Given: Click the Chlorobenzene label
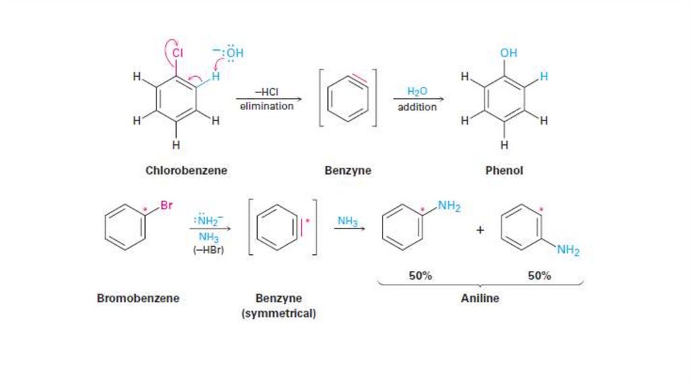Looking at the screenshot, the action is point(186,171).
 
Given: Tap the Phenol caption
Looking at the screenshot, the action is point(504,171).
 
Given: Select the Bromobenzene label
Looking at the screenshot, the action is point(138,297).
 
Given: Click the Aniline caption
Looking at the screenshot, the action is point(480,297).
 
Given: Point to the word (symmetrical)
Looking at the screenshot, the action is point(279,314).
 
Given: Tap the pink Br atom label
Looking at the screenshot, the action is point(166,206).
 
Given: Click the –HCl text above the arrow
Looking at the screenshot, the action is point(266,93).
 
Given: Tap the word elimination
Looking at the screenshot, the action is point(267,106).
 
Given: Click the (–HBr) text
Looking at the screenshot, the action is point(209,251).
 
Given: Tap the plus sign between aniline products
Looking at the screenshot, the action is point(480,230).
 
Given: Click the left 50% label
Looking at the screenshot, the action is point(420,276).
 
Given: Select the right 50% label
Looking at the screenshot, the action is point(539,276).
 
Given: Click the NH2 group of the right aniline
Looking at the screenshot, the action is point(568,251).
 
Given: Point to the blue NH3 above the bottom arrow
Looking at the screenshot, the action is point(348,220).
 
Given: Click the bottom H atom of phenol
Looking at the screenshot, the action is point(504,145).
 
